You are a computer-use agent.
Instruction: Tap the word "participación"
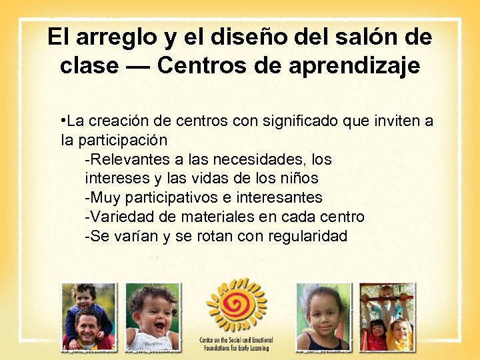pos(123,141)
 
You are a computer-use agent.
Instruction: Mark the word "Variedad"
pos(121,217)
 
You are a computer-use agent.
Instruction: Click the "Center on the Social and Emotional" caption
pos(237,341)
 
